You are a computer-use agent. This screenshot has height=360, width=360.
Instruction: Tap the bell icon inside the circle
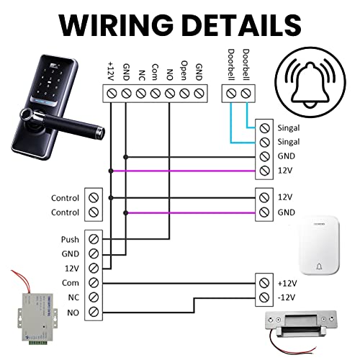click(310, 85)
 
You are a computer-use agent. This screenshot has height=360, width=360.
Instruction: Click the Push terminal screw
click(94, 239)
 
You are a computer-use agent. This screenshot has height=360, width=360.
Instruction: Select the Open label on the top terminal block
click(184, 71)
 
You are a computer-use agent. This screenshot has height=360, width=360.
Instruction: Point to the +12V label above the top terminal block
click(111, 71)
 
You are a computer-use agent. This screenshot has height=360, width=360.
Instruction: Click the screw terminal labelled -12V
click(264, 297)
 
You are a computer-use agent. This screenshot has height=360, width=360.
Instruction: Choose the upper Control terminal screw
click(94, 198)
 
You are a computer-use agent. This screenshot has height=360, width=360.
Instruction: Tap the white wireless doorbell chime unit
click(319, 246)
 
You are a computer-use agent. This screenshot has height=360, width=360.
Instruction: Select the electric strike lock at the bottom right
click(301, 323)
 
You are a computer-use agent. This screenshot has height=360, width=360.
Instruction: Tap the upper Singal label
click(289, 128)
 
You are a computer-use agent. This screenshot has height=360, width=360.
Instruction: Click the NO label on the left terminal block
click(73, 312)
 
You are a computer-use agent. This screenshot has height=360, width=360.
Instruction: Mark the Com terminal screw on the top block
click(156, 94)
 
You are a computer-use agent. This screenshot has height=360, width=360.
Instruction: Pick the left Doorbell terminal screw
click(231, 94)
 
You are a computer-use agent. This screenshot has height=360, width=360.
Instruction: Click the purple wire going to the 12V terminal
click(184, 171)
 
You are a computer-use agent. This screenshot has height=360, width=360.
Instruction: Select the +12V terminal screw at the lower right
click(264, 283)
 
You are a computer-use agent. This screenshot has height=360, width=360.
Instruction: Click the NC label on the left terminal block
click(73, 297)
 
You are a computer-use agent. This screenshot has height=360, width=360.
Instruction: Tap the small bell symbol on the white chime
click(319, 266)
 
